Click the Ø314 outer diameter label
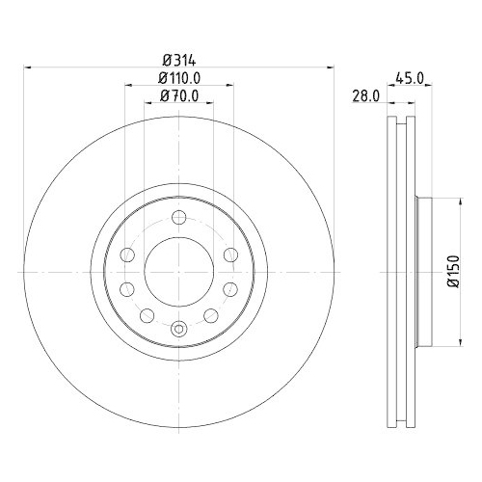tap(179, 61)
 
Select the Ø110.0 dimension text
tap(179, 78)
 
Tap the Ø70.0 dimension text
tap(179, 95)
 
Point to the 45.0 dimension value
tap(410, 78)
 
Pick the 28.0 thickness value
tap(366, 96)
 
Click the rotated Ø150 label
tap(454, 272)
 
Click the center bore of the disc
tap(179, 272)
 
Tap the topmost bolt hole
tap(179, 218)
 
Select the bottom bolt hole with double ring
tap(178, 329)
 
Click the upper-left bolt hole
tap(127, 255)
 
